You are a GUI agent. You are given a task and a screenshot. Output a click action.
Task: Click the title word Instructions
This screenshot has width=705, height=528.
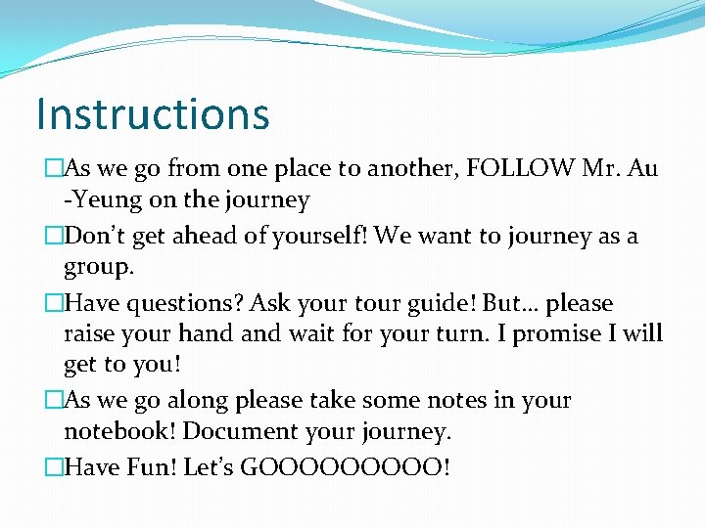152,113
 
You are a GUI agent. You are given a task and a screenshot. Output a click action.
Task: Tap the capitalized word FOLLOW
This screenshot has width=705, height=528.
522,168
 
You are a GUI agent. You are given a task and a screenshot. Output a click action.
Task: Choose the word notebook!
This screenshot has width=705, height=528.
119,432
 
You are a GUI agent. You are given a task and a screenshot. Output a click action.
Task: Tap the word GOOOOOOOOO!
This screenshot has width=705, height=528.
346,467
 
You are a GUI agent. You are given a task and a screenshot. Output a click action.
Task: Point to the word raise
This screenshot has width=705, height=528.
91,334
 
